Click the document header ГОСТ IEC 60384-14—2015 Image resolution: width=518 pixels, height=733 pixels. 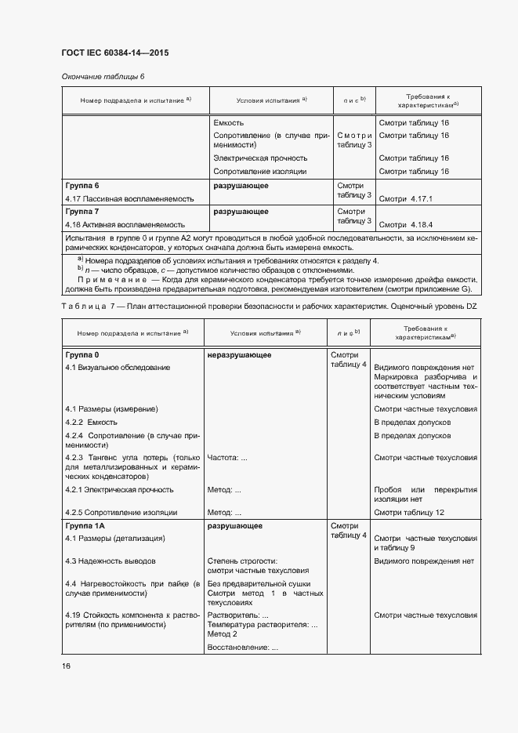click(x=115, y=53)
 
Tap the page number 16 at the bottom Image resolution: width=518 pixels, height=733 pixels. click(x=67, y=666)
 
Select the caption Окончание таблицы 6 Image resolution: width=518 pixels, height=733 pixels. click(x=103, y=76)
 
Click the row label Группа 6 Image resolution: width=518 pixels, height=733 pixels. click(x=82, y=186)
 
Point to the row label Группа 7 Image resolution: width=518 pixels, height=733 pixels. click(x=82, y=211)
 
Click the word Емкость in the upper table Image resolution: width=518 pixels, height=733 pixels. click(x=228, y=123)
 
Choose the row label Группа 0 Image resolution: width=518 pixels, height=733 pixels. click(x=82, y=355)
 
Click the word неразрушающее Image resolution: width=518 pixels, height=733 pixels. click(x=239, y=355)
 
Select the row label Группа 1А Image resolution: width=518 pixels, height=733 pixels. click(x=85, y=526)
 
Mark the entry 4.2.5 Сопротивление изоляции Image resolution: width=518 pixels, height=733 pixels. click(x=121, y=512)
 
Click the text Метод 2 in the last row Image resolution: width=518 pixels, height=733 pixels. click(x=223, y=633)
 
